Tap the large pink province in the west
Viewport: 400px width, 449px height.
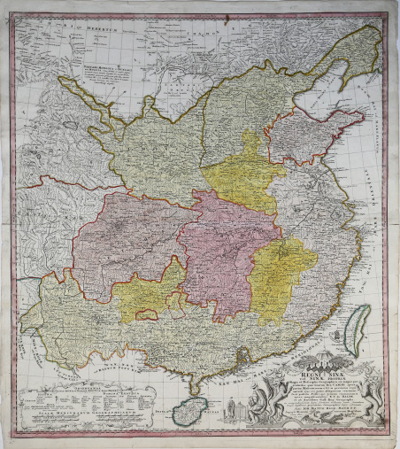click(124, 239)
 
